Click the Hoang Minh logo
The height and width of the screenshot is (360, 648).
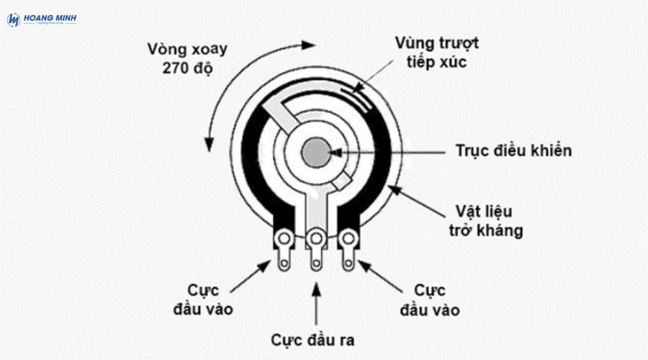[x=42, y=19]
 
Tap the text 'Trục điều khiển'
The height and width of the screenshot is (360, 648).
[x=513, y=150]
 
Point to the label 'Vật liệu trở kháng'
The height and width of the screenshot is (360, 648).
[x=488, y=221]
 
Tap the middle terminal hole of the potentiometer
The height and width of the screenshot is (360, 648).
[x=316, y=238]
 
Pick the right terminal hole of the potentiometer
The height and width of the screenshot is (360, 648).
[x=348, y=238]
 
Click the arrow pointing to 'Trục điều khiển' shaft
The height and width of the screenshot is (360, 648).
[x=389, y=151]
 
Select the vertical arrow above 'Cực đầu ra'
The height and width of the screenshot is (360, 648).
[x=315, y=302]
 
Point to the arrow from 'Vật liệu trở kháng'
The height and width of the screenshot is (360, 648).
[x=418, y=201]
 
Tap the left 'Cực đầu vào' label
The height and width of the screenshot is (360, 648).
[x=203, y=300]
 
